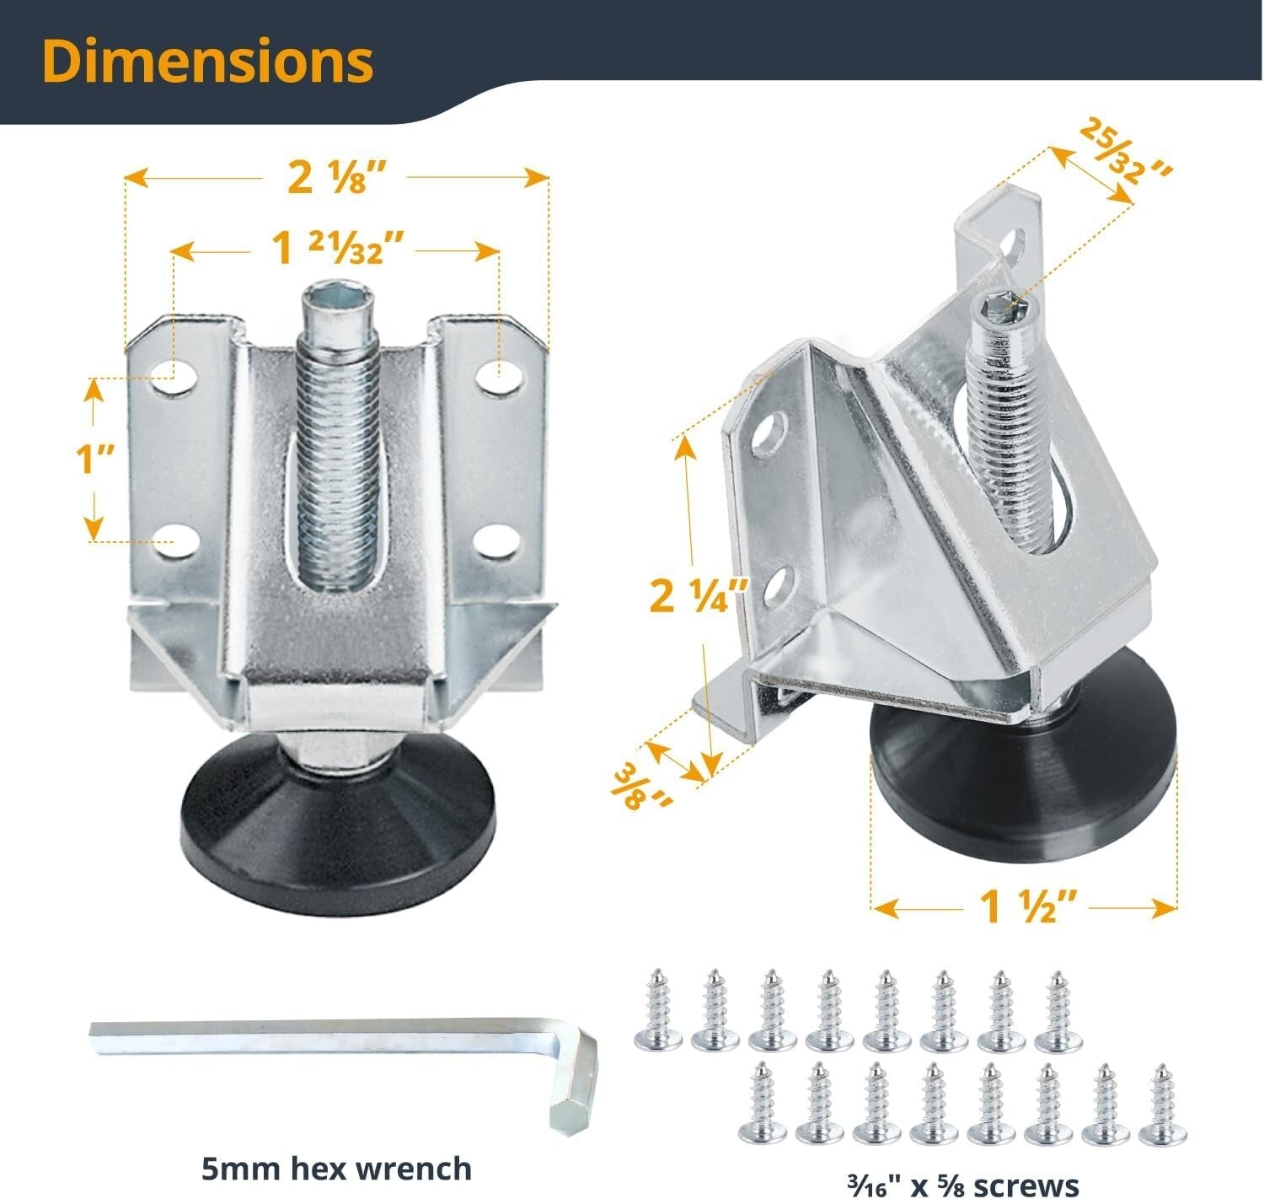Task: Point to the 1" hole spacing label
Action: click(x=94, y=460)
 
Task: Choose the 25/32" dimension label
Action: click(x=1126, y=152)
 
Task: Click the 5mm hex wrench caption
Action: click(x=336, y=1168)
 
